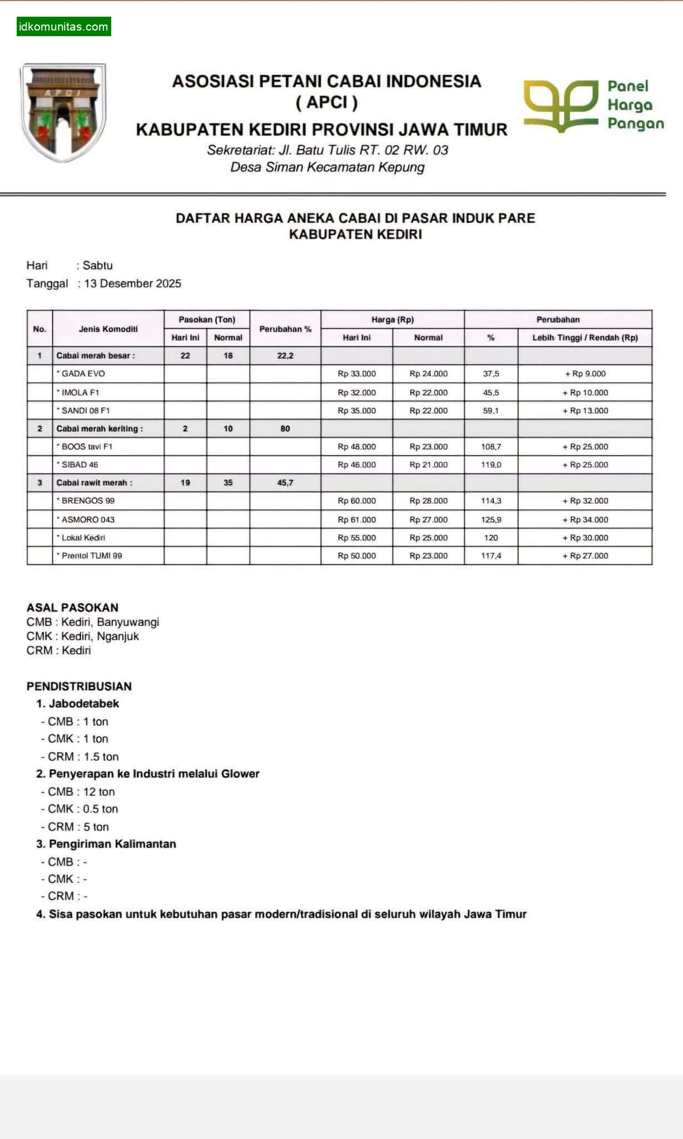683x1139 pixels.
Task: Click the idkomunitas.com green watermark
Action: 63,27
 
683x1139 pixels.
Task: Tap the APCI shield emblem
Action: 63,112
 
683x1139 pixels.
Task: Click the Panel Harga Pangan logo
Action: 593,105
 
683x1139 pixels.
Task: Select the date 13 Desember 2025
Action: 132,284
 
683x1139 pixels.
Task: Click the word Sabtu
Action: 97,265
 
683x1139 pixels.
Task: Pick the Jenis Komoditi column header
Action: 108,329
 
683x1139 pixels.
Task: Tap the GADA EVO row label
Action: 83,374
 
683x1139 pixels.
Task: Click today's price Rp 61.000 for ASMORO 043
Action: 357,519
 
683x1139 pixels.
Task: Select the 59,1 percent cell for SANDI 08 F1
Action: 491,410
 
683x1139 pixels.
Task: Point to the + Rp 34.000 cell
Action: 585,519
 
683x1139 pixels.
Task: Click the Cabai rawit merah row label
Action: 94,483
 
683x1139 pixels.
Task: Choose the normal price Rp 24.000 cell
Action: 428,374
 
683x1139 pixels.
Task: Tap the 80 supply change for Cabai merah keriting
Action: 285,429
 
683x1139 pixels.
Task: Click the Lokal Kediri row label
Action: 83,538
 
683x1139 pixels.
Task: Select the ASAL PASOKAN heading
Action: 72,607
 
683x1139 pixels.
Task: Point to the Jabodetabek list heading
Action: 83,704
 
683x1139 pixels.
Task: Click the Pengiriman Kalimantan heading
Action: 112,844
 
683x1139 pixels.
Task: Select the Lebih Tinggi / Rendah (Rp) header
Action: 585,338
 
